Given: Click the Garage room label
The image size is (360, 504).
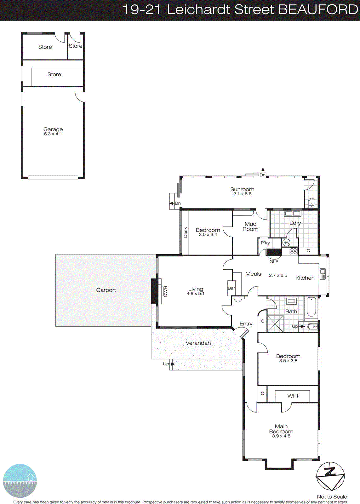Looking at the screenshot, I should [x=53, y=129].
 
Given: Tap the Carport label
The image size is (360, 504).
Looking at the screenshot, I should [x=106, y=290].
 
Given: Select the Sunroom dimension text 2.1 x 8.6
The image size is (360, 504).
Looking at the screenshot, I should [x=242, y=194].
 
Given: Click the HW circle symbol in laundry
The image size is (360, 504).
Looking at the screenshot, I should [x=286, y=243].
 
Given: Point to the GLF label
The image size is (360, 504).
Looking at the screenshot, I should [x=274, y=262].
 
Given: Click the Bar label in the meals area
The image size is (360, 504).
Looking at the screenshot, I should [x=231, y=288].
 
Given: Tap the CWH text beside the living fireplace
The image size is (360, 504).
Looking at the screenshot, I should [x=165, y=291].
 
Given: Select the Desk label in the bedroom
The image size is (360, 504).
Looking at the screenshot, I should [x=186, y=232].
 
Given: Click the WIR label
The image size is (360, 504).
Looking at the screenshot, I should [x=293, y=396].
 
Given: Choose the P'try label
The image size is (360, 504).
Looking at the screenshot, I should [x=265, y=243].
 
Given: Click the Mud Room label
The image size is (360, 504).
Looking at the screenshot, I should [x=250, y=226].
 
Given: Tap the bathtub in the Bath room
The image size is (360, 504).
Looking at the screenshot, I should [x=311, y=307].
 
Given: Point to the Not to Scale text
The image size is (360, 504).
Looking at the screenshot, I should [x=332, y=497].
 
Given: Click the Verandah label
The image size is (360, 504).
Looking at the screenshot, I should [x=198, y=343].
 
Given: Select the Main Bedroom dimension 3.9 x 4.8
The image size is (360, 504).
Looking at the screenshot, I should [x=281, y=436].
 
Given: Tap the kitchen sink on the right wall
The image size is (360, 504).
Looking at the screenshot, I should [x=323, y=274].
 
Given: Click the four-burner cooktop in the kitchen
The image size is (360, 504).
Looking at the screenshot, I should [x=294, y=251].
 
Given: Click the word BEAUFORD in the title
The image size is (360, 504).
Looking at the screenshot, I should [x=318, y=9].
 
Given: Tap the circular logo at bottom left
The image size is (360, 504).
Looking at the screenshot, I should [x=20, y=481].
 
